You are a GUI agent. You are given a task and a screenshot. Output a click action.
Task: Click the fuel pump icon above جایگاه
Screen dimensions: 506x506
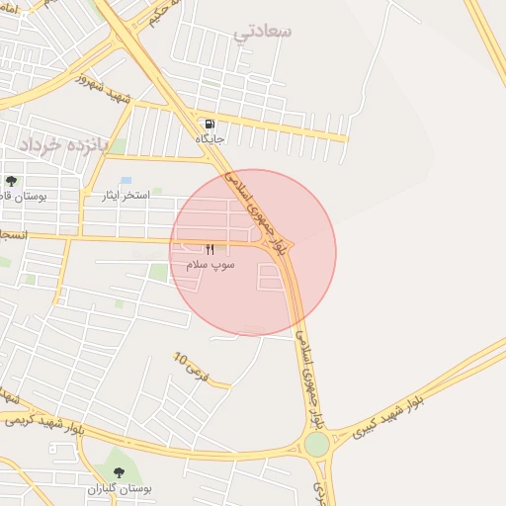click(210, 125)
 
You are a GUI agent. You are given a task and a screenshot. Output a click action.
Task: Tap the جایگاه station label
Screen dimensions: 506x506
click(210, 140)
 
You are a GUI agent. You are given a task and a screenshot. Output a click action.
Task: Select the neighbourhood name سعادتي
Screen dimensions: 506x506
click(263, 32)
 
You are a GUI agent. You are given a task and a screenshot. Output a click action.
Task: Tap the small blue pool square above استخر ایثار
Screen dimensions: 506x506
click(126, 181)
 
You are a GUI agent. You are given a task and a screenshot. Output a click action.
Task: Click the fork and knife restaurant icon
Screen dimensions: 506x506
click(210, 250)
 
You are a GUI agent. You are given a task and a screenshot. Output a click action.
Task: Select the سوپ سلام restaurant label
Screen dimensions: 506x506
click(210, 266)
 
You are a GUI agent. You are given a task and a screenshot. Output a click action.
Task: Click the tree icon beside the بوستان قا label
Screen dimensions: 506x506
click(11, 181)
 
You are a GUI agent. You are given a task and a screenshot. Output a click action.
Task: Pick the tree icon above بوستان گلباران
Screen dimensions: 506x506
click(121, 472)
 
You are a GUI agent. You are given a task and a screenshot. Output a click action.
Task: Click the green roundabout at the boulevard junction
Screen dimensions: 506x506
click(316, 445)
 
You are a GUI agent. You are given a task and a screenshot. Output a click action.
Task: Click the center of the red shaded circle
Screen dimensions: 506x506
click(253, 253)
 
